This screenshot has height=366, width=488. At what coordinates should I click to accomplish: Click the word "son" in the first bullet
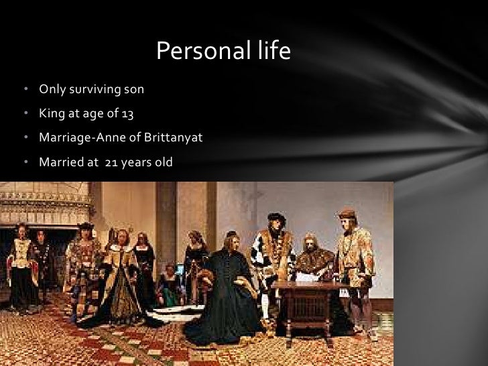(134, 89)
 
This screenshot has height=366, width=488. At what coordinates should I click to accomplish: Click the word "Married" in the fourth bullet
(60, 162)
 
